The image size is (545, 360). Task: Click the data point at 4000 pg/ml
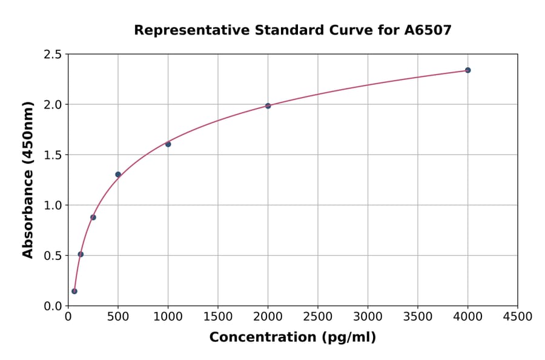[467, 70]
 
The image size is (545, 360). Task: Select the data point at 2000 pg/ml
[268, 105]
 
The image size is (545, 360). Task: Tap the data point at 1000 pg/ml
[168, 144]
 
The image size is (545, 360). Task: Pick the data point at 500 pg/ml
[118, 175]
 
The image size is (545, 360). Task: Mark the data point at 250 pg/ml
[93, 217]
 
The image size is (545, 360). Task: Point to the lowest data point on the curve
[74, 291]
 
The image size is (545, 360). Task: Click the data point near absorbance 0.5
[81, 254]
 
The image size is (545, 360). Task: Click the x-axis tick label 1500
[218, 316]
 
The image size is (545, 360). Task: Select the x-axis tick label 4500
[517, 316]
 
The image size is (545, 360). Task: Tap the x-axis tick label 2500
[318, 316]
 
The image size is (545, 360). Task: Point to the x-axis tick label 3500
[418, 316]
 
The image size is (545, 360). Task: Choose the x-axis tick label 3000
[368, 316]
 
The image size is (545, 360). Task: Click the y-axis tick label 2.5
[52, 55]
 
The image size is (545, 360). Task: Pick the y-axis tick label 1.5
[52, 155]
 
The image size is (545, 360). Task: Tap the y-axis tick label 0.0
[52, 306]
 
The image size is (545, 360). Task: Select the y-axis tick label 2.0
[52, 105]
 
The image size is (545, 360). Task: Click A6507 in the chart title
[428, 30]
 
